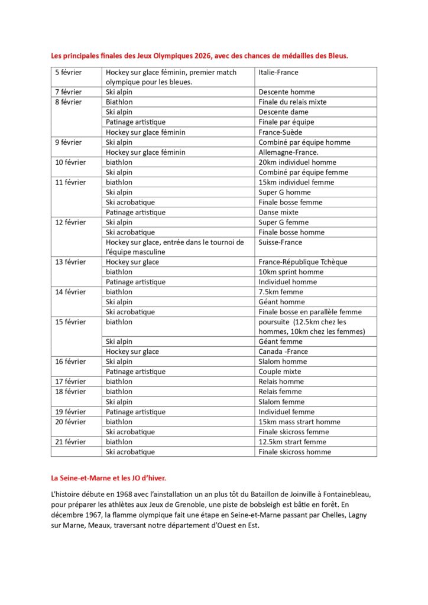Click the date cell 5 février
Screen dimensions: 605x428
click(x=69, y=72)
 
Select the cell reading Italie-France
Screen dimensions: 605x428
click(x=278, y=72)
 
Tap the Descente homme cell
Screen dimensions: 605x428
click(x=286, y=92)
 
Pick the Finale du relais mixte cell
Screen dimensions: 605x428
click(x=292, y=102)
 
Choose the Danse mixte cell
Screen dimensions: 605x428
click(x=278, y=212)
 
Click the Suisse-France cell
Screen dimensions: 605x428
click(x=280, y=242)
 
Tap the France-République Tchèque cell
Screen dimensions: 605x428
click(x=303, y=262)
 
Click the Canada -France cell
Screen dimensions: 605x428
click(x=283, y=352)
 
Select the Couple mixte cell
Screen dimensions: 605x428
click(x=279, y=372)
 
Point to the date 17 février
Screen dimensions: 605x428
click(x=70, y=382)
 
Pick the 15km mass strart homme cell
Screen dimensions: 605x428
click(x=299, y=422)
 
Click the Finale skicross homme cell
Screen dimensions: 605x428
click(x=294, y=452)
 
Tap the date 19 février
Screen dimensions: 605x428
click(x=70, y=412)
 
